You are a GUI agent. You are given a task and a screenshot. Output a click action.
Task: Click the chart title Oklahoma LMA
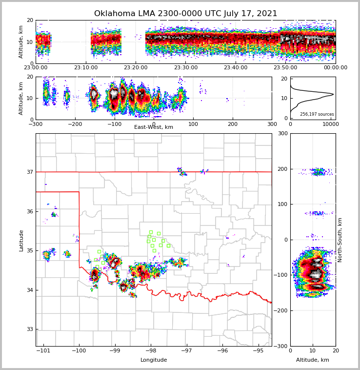point(185,14)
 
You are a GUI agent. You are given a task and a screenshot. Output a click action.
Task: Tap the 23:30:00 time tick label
point(185,68)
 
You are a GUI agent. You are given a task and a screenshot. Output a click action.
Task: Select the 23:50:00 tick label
point(285,68)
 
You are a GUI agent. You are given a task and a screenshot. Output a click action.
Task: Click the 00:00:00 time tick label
point(335,68)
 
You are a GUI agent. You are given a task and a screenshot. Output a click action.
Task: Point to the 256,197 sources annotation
point(317,114)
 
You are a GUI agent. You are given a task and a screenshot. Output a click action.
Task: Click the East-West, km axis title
point(154,127)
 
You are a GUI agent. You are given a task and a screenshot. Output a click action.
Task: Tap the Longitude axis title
point(154,360)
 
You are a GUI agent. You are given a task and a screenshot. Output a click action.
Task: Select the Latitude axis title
point(21,240)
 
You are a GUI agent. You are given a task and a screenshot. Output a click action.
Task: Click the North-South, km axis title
point(340,240)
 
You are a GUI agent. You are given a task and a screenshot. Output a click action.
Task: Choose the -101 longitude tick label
point(43,350)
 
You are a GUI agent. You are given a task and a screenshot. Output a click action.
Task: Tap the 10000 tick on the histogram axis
point(331,124)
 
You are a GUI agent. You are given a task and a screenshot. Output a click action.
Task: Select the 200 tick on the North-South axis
point(282,169)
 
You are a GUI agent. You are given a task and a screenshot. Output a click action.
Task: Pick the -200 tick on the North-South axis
point(281,310)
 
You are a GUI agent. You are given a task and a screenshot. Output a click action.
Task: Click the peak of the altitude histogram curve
point(333,94)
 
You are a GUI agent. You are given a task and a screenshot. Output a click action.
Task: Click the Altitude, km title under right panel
point(313,360)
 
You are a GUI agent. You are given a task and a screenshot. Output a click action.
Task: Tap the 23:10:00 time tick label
point(85,68)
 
